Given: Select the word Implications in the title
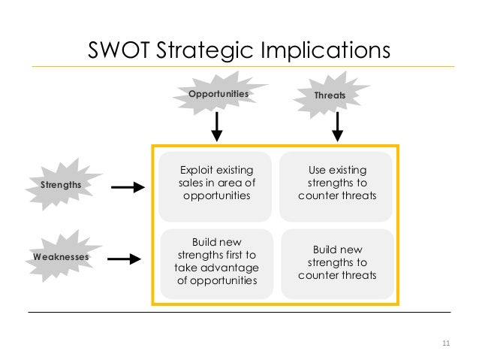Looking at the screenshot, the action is (324, 50).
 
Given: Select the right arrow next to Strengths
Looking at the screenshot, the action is (132, 186).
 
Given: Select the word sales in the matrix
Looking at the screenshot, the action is (192, 183).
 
